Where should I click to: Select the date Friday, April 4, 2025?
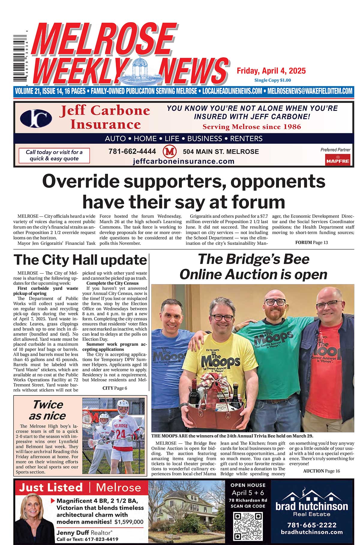tap(271, 71)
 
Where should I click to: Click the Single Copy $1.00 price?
tap(272, 80)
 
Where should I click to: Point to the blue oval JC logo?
tap(36, 118)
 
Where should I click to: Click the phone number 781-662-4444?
tap(132, 152)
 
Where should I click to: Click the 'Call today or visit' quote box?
tap(54, 155)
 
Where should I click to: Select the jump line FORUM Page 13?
tap(311, 242)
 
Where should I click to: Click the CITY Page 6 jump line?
tap(115, 388)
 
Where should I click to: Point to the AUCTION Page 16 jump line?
tap(321, 471)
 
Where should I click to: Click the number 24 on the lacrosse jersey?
tap(121, 434)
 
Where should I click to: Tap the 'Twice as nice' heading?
tap(47, 410)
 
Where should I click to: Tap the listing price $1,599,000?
tap(129, 522)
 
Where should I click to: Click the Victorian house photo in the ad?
tap(187, 512)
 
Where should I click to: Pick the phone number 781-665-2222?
tap(312, 525)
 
